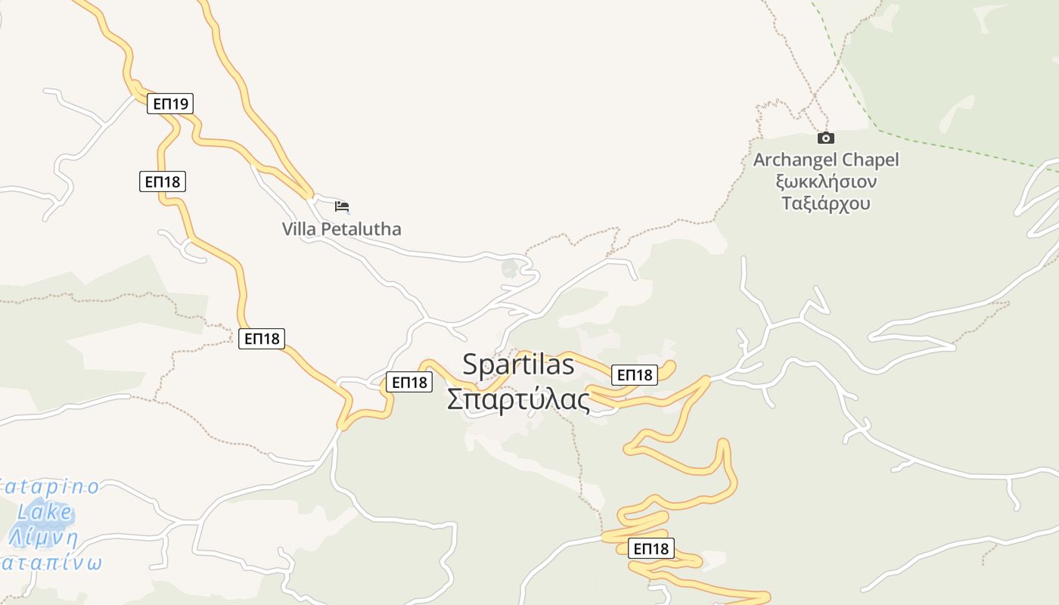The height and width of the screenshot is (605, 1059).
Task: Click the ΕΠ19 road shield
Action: point(170,104)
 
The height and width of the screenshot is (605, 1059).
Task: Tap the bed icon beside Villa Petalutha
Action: point(342,206)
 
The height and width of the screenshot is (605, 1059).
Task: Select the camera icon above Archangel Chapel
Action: point(826,138)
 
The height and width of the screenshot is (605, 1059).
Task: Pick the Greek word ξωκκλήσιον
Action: point(826,182)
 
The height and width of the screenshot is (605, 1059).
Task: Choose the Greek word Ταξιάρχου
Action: point(826,203)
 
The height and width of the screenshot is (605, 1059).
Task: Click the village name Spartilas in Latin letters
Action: point(518,365)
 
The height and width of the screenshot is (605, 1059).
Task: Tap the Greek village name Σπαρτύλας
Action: point(518,399)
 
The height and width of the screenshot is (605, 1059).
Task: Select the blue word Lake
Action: point(45,513)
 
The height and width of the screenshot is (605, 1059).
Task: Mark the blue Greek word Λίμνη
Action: point(44,538)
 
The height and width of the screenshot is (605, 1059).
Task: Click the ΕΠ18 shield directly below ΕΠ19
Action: point(163,181)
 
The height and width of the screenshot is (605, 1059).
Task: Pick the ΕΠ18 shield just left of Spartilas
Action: point(409,382)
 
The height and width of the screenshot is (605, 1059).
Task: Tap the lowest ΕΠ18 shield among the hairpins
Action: point(651,548)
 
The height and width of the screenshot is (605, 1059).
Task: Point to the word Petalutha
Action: point(364,229)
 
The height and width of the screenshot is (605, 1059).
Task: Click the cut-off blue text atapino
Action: point(49,487)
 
